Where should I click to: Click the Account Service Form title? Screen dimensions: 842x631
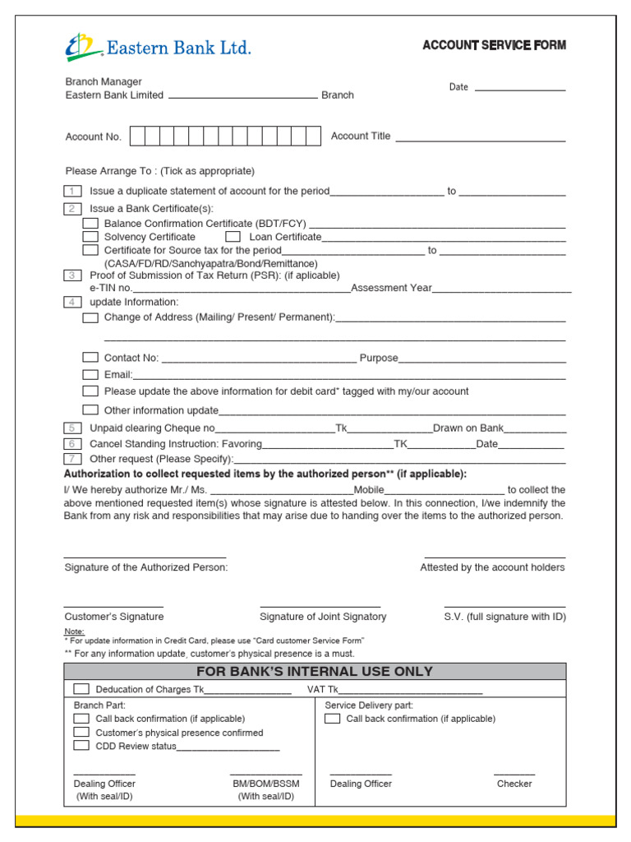pyautogui.click(x=494, y=45)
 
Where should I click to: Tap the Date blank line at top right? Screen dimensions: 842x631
pyautogui.click(x=519, y=88)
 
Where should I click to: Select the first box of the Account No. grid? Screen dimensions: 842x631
pyautogui.click(x=137, y=136)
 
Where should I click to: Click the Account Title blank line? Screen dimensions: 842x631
pyautogui.click(x=481, y=138)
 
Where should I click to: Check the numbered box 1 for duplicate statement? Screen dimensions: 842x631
pyautogui.click(x=73, y=191)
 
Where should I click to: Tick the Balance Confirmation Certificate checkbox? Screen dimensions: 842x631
pyautogui.click(x=90, y=224)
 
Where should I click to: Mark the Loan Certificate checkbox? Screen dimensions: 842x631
pyautogui.click(x=233, y=237)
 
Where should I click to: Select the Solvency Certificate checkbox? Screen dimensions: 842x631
pyautogui.click(x=90, y=237)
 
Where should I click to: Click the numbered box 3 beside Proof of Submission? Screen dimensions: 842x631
pyautogui.click(x=73, y=275)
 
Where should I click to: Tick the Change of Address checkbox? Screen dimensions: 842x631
pyautogui.click(x=90, y=317)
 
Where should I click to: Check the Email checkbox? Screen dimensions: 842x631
pyautogui.click(x=90, y=374)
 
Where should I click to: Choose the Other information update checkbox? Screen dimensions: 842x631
pyautogui.click(x=90, y=409)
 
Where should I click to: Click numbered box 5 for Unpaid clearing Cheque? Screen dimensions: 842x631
pyautogui.click(x=73, y=428)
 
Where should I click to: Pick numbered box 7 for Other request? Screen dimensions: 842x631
pyautogui.click(x=73, y=459)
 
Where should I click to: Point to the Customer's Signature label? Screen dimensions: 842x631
pyautogui.click(x=114, y=617)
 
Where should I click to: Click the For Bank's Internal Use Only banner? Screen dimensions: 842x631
pyautogui.click(x=315, y=672)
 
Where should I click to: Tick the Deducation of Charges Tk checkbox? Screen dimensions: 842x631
pyautogui.click(x=81, y=689)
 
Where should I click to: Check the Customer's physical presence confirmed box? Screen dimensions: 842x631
pyautogui.click(x=81, y=732)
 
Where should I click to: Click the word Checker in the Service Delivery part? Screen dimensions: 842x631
pyautogui.click(x=514, y=784)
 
